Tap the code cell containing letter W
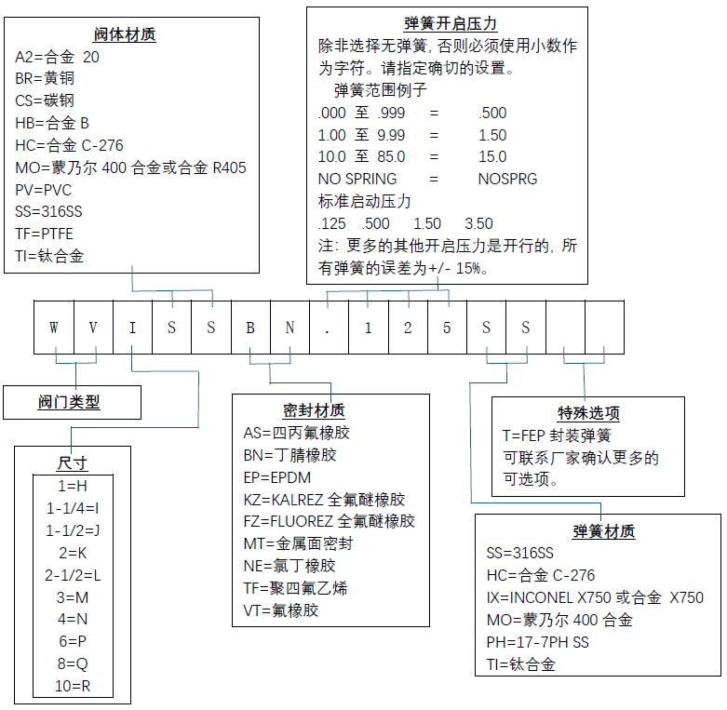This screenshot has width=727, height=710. (x=54, y=327)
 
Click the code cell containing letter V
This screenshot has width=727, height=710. (x=93, y=327)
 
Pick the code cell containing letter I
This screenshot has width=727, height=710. (x=132, y=327)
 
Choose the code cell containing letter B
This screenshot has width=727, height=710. (x=250, y=327)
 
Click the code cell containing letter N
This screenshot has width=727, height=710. (x=289, y=327)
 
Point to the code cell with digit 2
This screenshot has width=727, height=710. (x=408, y=327)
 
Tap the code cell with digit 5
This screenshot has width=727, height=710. (x=447, y=327)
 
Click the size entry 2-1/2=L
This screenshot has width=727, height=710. (x=73, y=575)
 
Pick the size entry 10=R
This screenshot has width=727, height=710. (x=73, y=687)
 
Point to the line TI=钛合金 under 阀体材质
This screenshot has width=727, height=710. (x=49, y=256)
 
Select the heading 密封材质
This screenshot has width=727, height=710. (x=314, y=410)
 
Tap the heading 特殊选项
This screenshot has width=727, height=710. (x=588, y=413)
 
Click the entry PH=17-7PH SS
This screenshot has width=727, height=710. (x=537, y=642)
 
